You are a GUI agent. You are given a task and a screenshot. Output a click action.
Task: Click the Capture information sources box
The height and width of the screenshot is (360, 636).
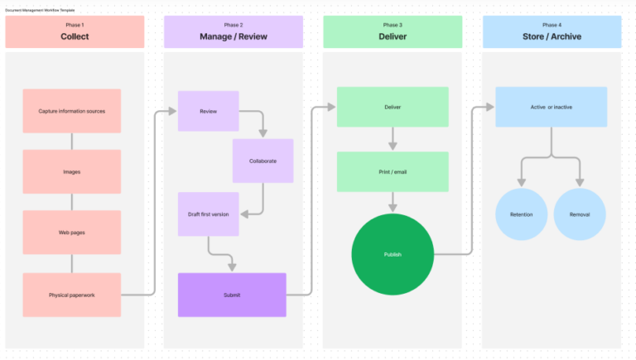[x=72, y=111]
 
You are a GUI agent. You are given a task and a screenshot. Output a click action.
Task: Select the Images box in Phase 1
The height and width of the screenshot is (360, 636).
[x=72, y=171]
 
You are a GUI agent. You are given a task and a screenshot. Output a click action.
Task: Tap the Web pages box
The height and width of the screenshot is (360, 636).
[x=72, y=233]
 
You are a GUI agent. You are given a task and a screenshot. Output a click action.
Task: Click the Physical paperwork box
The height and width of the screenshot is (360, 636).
[x=72, y=295]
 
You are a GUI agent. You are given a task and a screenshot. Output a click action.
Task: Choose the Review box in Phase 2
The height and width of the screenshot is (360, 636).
[x=209, y=111]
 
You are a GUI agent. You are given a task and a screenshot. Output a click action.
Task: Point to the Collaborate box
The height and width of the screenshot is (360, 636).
[x=263, y=161]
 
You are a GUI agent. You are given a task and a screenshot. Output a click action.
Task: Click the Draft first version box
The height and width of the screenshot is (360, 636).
[x=209, y=214]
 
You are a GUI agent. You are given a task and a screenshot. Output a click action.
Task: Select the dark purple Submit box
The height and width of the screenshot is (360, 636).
[x=232, y=295]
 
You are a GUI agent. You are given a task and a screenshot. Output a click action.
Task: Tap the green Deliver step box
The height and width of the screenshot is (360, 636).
[x=393, y=107]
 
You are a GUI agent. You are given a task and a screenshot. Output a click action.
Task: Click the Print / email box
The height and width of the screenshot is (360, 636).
[x=393, y=171]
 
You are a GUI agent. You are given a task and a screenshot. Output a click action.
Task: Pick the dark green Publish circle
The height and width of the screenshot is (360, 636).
[x=393, y=254]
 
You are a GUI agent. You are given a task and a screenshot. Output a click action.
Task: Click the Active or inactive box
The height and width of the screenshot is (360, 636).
[x=551, y=107]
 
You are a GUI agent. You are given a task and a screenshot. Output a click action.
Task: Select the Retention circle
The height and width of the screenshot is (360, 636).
[x=521, y=214]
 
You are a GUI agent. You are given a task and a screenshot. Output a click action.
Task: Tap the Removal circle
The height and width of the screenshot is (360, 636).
[x=580, y=214]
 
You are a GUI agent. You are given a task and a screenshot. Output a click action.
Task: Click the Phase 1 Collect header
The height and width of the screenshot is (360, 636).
[x=75, y=32]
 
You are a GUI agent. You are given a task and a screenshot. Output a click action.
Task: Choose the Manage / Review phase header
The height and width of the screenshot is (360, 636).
[x=234, y=32]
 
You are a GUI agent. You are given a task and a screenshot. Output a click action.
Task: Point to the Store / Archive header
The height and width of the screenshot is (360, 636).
[x=552, y=32]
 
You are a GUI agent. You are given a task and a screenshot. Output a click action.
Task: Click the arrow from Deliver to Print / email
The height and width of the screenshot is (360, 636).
[x=393, y=138]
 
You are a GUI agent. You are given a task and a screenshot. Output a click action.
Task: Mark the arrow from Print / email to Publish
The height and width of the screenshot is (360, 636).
[x=393, y=201]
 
